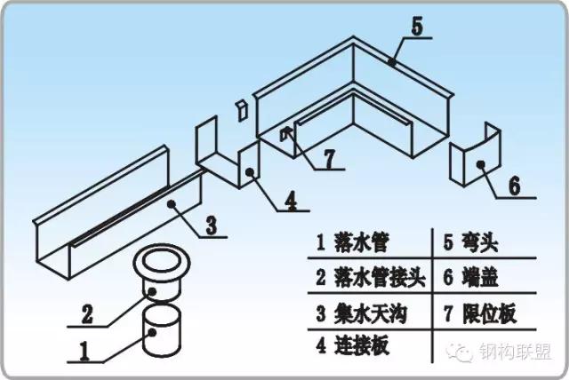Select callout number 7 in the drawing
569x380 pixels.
pos(328,159)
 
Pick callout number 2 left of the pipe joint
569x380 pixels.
pos(87,313)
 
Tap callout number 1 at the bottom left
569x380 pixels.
pos(85,352)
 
